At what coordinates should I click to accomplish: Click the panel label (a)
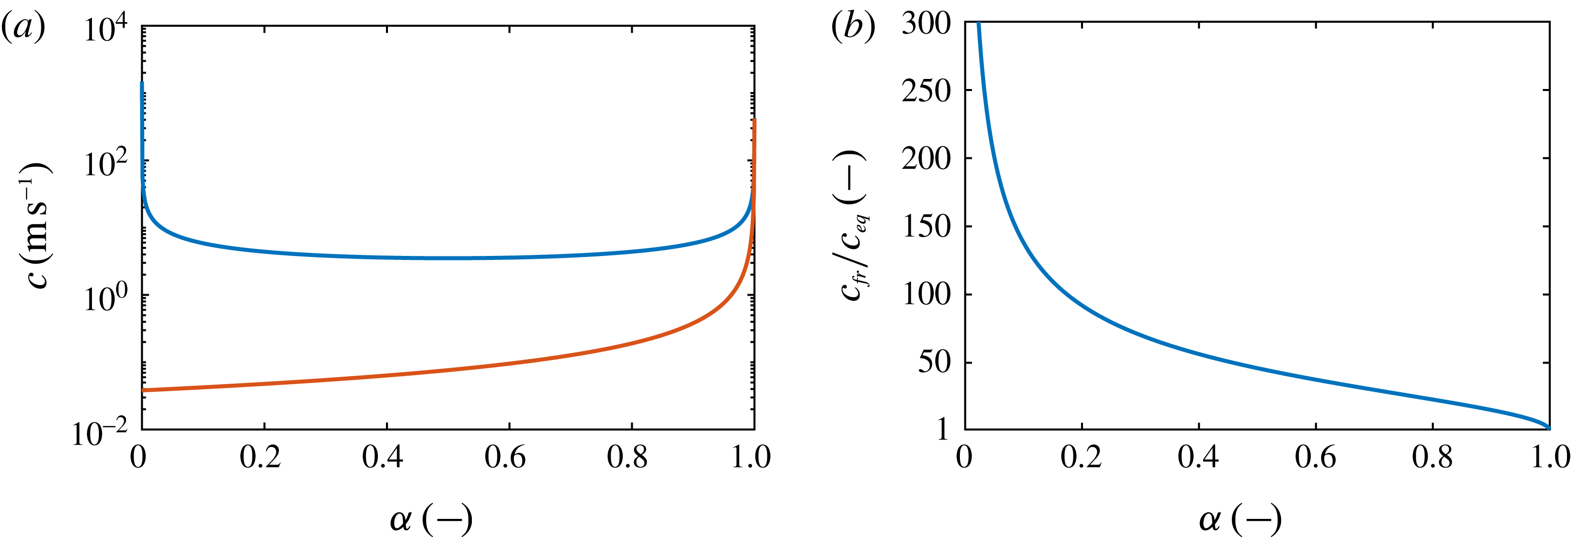[x=23, y=28]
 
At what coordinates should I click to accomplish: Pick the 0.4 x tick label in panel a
[x=382, y=457]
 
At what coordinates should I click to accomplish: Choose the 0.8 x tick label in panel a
[x=628, y=457]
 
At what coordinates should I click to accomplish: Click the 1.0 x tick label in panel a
[x=751, y=457]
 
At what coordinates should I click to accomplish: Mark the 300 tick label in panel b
[x=926, y=25]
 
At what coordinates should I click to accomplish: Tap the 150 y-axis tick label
[x=926, y=227]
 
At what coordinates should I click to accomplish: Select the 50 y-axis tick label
[x=934, y=363]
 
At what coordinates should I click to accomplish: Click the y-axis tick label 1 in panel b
[x=943, y=429]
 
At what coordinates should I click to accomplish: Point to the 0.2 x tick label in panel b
[x=1081, y=457]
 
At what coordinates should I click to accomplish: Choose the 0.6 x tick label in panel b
[x=1316, y=457]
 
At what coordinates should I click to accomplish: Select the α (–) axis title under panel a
[x=431, y=519]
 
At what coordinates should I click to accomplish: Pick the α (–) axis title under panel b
[x=1240, y=519]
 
